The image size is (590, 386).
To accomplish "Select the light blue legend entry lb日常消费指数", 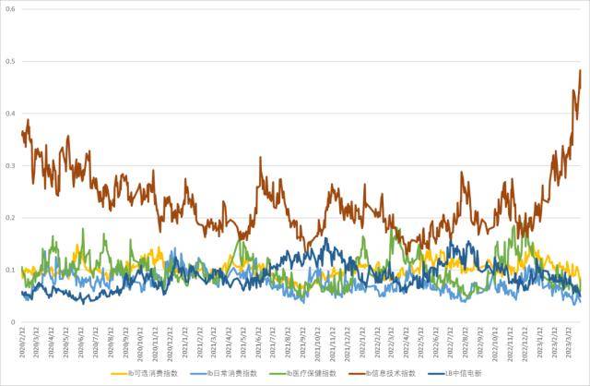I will coord(225,373).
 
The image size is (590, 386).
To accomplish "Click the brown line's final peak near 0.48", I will coord(580,71).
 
